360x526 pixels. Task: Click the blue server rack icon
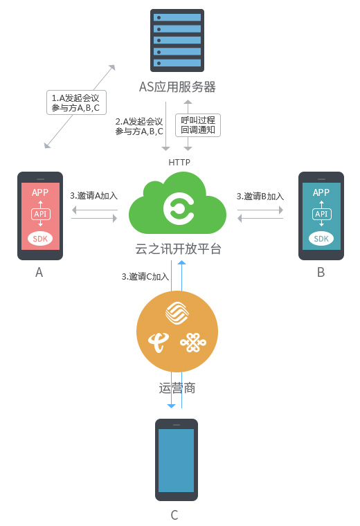177,40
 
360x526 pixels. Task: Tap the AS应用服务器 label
177,87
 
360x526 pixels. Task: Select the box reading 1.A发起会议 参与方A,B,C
76,102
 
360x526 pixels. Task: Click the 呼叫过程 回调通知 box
198,125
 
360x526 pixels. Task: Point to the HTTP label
179,163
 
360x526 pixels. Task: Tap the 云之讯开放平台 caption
178,249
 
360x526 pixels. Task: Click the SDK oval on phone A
40,239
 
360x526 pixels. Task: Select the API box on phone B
321,214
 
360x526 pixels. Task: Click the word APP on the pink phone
40,192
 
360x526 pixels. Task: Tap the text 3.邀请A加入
93,196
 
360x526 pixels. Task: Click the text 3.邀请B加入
260,197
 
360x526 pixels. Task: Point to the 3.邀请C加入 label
145,276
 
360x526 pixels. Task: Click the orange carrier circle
177,332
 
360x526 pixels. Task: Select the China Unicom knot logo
193,343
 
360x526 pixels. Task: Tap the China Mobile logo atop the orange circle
177,313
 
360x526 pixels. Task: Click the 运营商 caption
177,388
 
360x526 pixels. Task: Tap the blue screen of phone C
176,460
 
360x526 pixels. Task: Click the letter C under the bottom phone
174,515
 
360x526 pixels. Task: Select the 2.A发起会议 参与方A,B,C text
139,127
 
